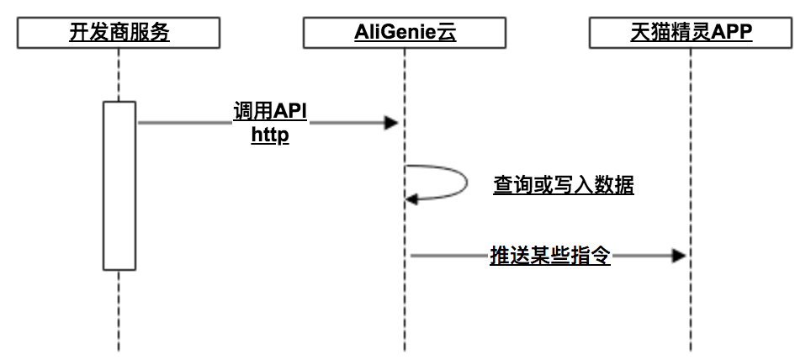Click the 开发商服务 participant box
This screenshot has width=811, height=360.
tap(119, 34)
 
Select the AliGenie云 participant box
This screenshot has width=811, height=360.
tap(405, 34)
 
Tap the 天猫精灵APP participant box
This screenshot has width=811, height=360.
tap(691, 34)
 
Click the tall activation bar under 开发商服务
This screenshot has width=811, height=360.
tap(119, 185)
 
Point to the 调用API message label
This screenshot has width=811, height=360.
tap(270, 113)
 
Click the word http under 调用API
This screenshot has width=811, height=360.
tap(270, 135)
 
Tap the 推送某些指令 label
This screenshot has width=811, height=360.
tap(550, 256)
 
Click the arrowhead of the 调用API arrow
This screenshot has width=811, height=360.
tap(390, 124)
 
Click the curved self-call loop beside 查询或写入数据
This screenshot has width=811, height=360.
tap(464, 182)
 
